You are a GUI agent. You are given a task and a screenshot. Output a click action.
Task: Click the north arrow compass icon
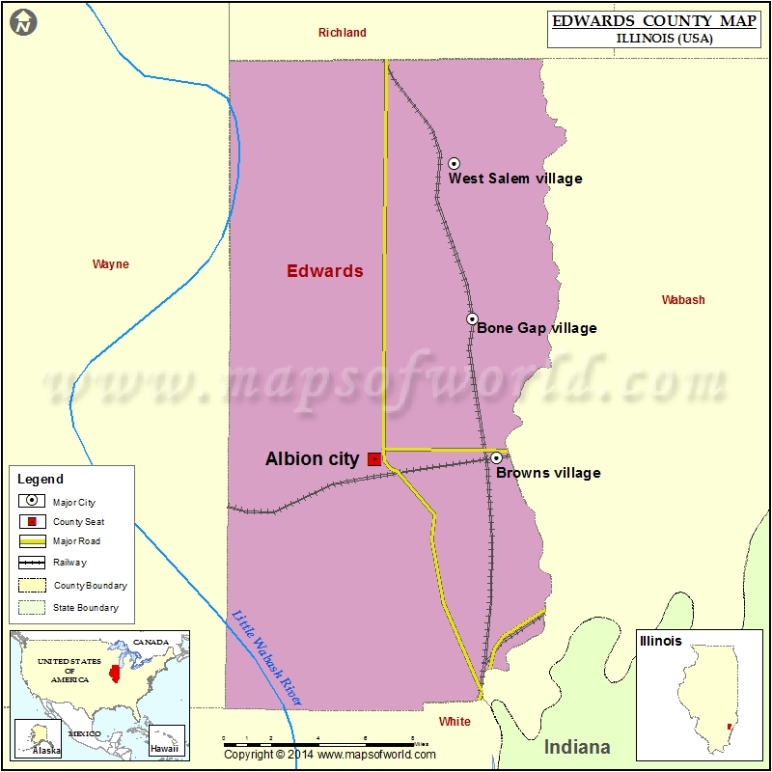tap(24, 22)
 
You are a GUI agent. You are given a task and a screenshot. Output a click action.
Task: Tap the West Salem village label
tap(515, 179)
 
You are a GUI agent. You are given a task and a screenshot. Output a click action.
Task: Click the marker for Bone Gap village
tap(472, 318)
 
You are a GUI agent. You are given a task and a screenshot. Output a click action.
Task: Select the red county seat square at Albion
tap(373, 459)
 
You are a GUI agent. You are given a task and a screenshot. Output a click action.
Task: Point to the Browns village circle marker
tap(496, 457)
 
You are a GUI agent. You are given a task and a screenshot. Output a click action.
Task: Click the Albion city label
tap(312, 459)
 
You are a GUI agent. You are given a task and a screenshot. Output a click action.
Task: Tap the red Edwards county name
tap(325, 271)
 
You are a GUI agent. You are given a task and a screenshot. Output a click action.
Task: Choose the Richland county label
tap(343, 33)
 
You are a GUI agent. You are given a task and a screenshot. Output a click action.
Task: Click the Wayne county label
tap(110, 264)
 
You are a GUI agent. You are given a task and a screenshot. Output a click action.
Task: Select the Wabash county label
tap(683, 300)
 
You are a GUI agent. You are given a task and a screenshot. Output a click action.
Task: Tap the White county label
tap(455, 722)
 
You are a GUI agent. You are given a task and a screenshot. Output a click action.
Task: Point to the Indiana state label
tap(577, 747)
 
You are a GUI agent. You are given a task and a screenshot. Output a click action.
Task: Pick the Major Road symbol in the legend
tap(33, 541)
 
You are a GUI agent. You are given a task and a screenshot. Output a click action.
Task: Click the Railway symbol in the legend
tap(33, 562)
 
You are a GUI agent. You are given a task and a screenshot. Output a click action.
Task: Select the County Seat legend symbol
tap(33, 521)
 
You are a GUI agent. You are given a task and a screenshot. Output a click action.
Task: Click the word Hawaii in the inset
tap(164, 749)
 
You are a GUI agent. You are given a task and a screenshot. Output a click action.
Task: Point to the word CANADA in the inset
tap(151, 642)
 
